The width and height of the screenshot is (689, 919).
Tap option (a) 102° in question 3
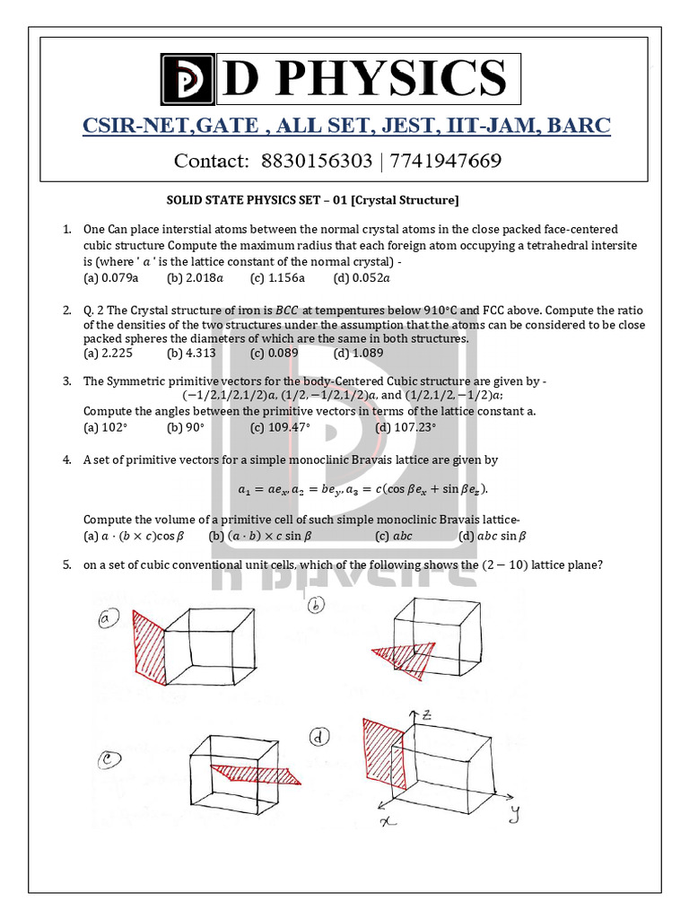[x=104, y=427]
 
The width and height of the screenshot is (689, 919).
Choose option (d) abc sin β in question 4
[x=493, y=536]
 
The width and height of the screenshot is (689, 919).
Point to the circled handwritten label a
[x=109, y=619]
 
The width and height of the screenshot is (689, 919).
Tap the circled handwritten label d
[x=319, y=738]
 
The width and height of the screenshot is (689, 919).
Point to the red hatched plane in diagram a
[x=148, y=648]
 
